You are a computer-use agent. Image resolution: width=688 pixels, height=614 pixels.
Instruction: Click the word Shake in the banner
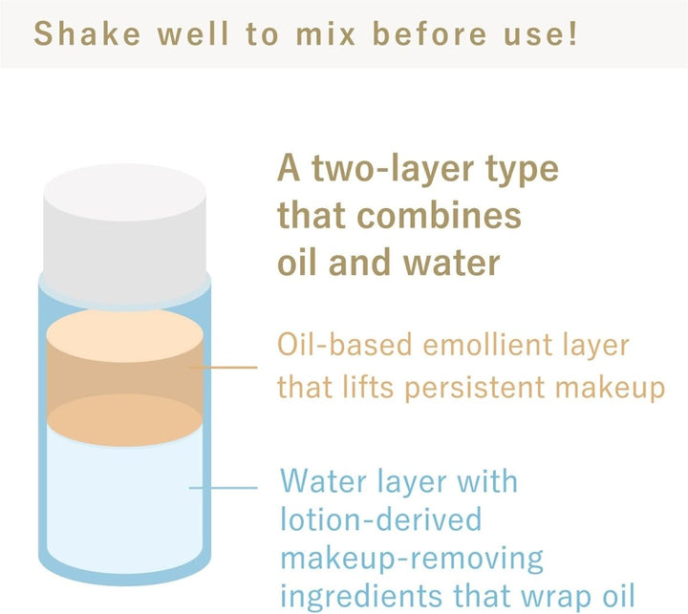[x=87, y=33]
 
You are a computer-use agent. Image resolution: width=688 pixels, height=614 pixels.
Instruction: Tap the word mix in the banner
[x=326, y=33]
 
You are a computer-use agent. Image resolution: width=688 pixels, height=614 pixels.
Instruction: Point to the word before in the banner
[x=430, y=33]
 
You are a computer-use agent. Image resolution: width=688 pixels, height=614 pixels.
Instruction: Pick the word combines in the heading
[x=439, y=215]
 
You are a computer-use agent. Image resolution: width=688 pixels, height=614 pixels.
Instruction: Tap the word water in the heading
[x=451, y=263]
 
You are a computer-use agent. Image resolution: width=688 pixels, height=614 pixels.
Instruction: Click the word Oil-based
[x=344, y=345]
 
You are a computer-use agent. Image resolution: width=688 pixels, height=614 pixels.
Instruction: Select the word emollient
[x=487, y=345]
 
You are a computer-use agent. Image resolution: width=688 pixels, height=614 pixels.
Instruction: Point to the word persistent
[x=475, y=388]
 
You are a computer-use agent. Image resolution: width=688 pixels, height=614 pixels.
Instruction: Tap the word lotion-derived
[x=381, y=519]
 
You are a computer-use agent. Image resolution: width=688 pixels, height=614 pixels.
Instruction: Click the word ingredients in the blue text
[x=360, y=595]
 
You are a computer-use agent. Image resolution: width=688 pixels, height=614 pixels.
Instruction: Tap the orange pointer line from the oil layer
[x=224, y=368]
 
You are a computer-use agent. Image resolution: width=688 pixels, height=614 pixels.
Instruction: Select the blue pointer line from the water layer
[x=224, y=487]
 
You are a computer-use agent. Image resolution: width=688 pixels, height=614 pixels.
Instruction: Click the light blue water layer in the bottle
[x=124, y=504]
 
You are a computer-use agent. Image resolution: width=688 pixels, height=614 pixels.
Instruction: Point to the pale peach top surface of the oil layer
[x=124, y=335]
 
